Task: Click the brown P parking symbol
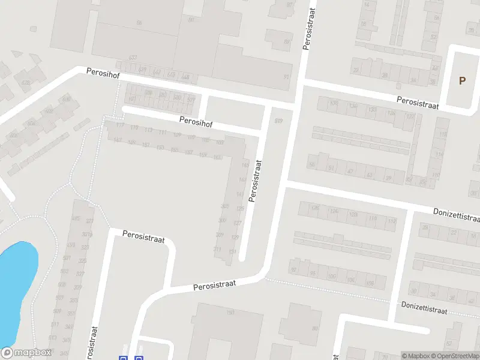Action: [462, 81]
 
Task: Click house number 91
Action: [330, 169]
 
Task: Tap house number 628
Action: [26, 83]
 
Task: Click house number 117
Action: [120, 126]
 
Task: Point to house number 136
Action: [353, 107]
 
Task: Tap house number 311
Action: [217, 249]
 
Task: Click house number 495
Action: [76, 218]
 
